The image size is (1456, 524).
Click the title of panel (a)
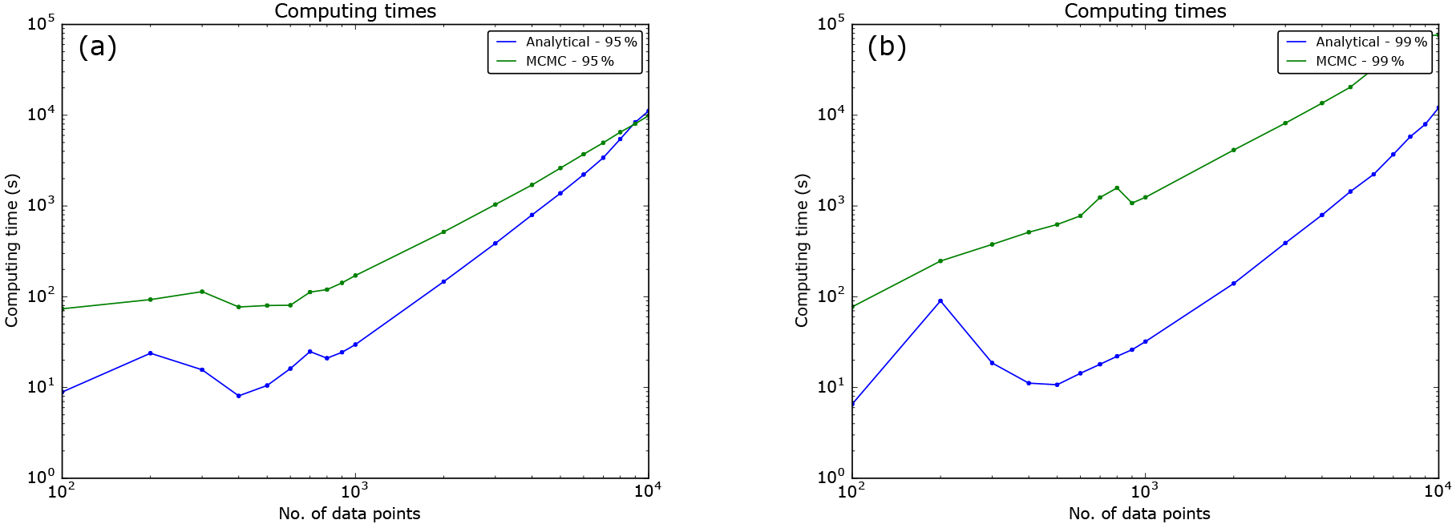tap(355, 11)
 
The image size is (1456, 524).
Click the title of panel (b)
tap(1145, 11)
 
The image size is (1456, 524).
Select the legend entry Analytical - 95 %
tap(580, 42)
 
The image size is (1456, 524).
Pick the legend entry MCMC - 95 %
tap(569, 61)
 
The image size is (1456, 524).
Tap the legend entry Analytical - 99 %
tap(1370, 42)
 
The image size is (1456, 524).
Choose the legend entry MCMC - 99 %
tap(1359, 61)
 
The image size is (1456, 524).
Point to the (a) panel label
tap(97, 47)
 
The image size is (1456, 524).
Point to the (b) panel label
tap(887, 47)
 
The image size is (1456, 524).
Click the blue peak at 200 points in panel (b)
tap(940, 301)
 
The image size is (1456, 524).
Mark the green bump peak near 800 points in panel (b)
tap(1117, 187)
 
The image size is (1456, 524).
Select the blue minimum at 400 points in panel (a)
tap(239, 396)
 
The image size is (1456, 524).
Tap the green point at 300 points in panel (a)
tap(202, 292)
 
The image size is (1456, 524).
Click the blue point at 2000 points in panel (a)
tap(443, 282)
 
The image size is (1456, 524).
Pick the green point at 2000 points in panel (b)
tap(1233, 150)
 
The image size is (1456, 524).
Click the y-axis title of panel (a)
tap(11, 251)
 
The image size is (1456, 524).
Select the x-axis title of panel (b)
tap(1139, 514)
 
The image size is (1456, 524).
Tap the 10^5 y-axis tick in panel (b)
tap(831, 24)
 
